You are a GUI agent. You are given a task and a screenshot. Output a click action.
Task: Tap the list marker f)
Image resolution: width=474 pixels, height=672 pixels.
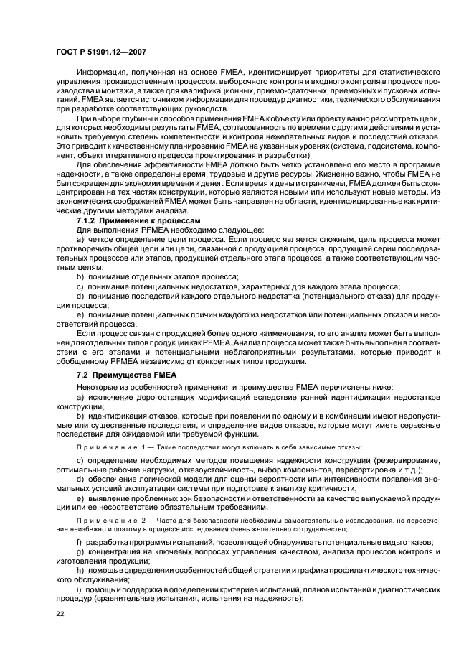[x=79, y=542]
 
